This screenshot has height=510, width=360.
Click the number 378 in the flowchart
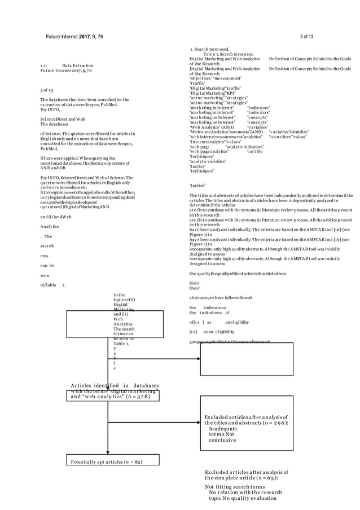(x=139, y=396)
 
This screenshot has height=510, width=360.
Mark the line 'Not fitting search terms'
(x=234, y=487)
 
